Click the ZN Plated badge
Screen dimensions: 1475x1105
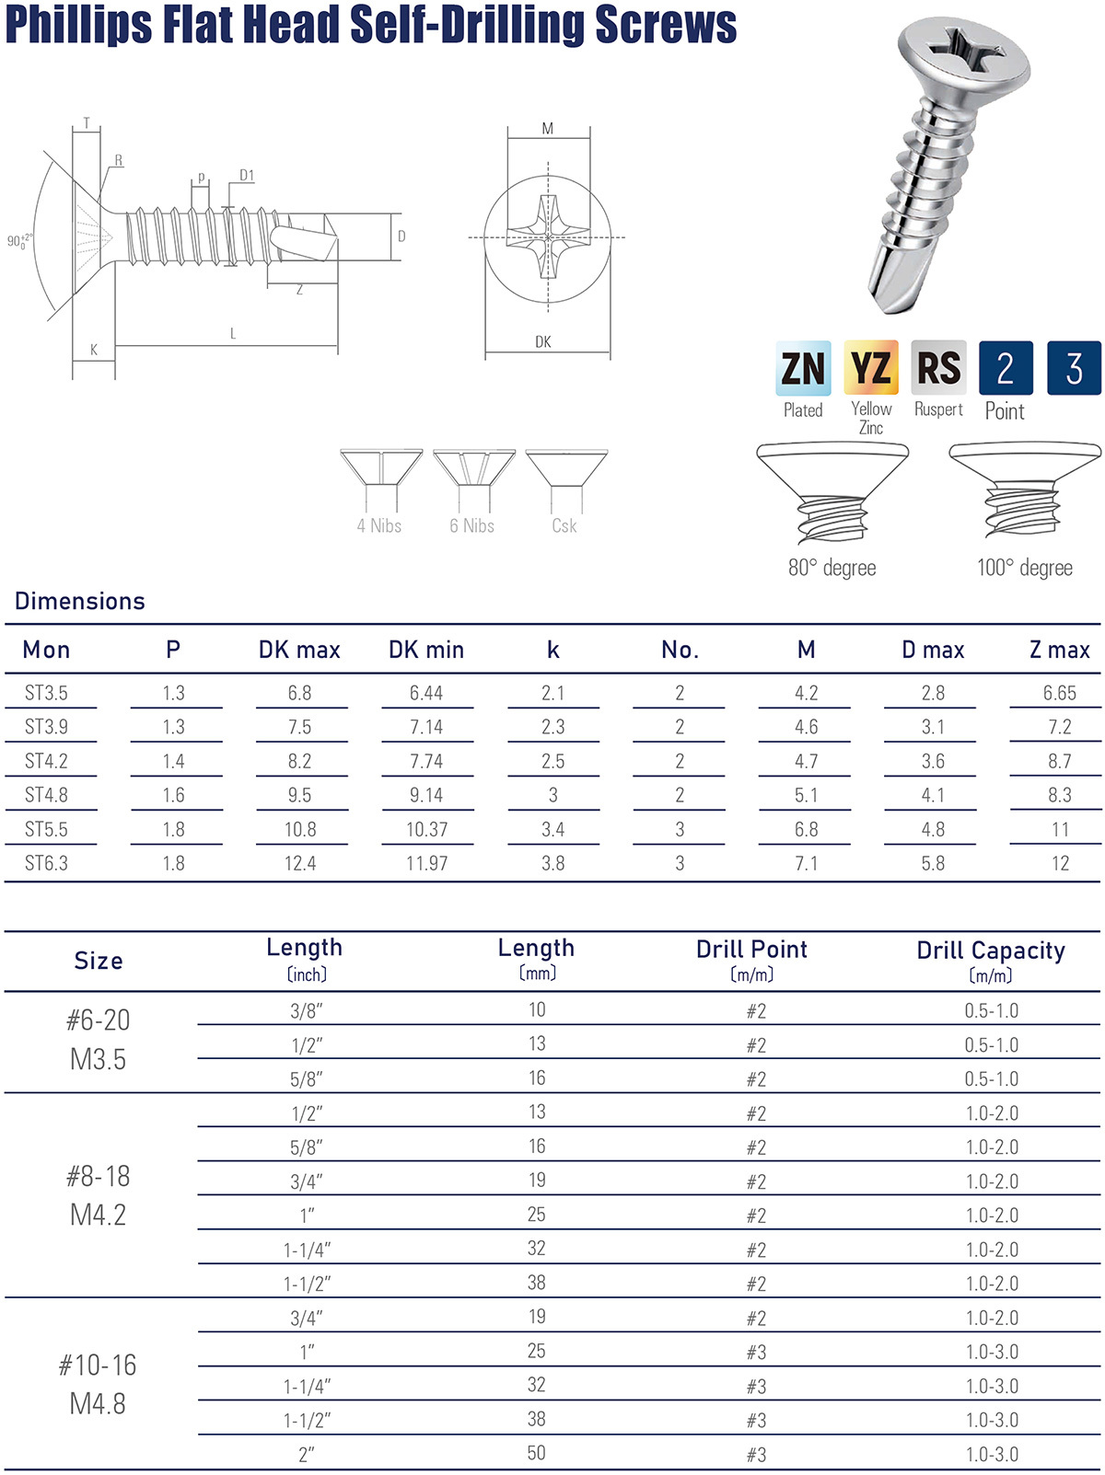tap(803, 368)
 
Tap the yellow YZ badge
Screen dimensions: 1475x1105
tap(871, 368)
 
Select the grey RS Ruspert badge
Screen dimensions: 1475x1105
tap(938, 368)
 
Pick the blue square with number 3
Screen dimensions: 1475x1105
tap(1074, 368)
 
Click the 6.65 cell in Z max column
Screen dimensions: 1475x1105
tap(1059, 693)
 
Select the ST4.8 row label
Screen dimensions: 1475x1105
tap(46, 795)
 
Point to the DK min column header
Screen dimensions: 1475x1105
tap(426, 650)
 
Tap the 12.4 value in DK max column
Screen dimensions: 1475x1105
tap(300, 863)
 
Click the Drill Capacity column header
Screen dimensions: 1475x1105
tap(991, 951)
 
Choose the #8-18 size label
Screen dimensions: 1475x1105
tap(98, 1176)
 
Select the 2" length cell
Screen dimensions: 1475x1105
tap(307, 1455)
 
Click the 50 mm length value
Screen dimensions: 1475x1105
tap(537, 1453)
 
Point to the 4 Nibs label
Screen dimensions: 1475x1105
tap(379, 525)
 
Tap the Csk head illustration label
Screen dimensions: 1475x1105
tap(564, 525)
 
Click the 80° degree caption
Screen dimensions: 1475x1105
tap(832, 568)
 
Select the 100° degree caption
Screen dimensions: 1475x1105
tap(1025, 568)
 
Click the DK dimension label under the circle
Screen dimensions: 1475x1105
tap(543, 341)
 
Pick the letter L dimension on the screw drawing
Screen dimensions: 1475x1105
tap(233, 333)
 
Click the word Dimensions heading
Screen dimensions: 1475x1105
tap(80, 601)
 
